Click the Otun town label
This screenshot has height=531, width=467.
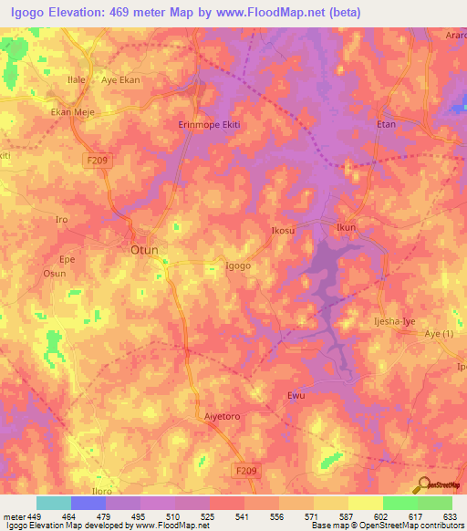(x=144, y=249)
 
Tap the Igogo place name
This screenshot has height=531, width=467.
(x=238, y=266)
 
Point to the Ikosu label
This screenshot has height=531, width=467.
(x=283, y=231)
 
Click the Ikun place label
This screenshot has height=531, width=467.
(x=346, y=226)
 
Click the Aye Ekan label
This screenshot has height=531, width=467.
(x=120, y=80)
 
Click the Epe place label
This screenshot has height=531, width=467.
(x=67, y=258)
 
